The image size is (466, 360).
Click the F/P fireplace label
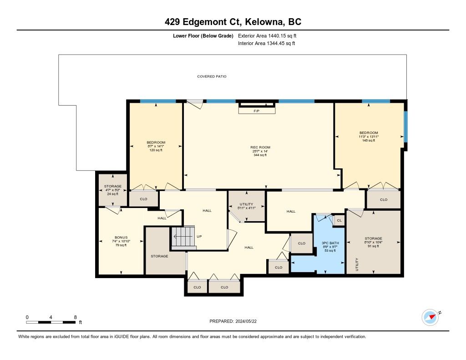(257, 111)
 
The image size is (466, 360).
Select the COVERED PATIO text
(212, 76)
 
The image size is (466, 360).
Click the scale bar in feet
(51, 322)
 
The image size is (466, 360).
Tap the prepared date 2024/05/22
(246, 321)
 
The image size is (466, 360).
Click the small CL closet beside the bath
(339, 220)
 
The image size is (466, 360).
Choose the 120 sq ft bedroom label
(156, 146)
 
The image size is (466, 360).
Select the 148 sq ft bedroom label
(369, 137)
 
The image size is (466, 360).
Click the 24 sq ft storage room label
(113, 190)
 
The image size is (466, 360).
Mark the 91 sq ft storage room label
(373, 242)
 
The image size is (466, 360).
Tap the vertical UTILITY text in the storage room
(357, 264)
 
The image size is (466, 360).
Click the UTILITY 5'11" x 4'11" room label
(246, 206)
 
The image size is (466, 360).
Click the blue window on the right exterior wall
(405, 127)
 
